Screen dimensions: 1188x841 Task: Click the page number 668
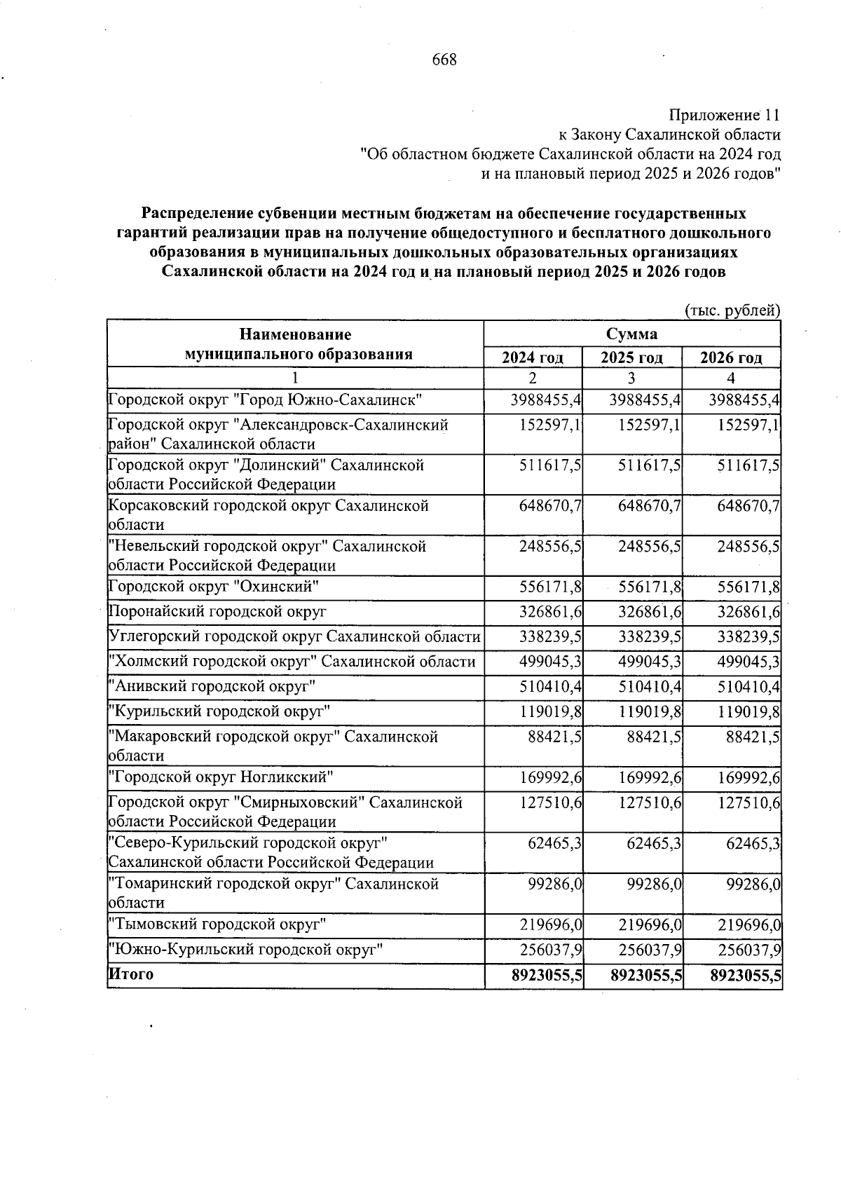444,60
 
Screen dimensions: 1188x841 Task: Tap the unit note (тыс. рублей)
732,310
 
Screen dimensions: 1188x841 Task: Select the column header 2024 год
533,358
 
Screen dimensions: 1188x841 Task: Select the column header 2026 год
731,358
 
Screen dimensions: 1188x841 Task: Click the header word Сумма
631,334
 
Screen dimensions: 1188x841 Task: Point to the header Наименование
295,334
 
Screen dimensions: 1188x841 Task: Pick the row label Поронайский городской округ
218,611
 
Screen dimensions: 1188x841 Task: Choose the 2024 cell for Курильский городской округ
551,712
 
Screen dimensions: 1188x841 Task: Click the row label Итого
131,974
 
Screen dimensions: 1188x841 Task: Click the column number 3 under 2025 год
631,378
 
